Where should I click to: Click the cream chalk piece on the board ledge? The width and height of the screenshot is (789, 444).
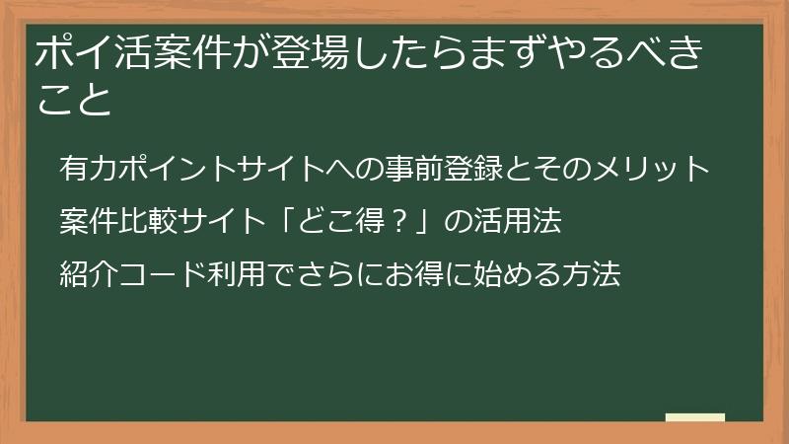[694, 417]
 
